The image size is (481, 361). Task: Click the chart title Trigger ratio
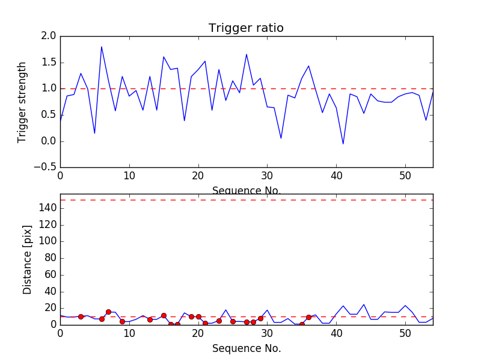[x=246, y=28]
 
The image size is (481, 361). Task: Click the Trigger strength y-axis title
[x=22, y=102]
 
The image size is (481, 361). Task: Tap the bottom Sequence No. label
[x=246, y=348]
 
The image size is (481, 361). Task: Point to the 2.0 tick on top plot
[x=49, y=36]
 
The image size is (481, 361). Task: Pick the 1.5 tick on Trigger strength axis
[x=49, y=63]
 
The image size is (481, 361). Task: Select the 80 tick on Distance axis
[x=49, y=258]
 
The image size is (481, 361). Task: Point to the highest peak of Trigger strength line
[x=102, y=46]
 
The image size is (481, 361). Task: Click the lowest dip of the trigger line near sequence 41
[x=343, y=144]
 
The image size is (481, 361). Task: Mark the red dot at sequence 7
[x=108, y=312]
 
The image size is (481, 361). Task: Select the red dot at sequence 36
[x=308, y=317]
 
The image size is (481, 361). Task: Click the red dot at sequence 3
[x=81, y=316]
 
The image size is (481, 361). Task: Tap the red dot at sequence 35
[x=302, y=324]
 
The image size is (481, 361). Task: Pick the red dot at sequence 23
[x=219, y=321]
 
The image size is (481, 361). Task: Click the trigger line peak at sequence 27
[x=247, y=54]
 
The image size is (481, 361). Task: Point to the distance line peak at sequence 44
[x=364, y=304]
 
